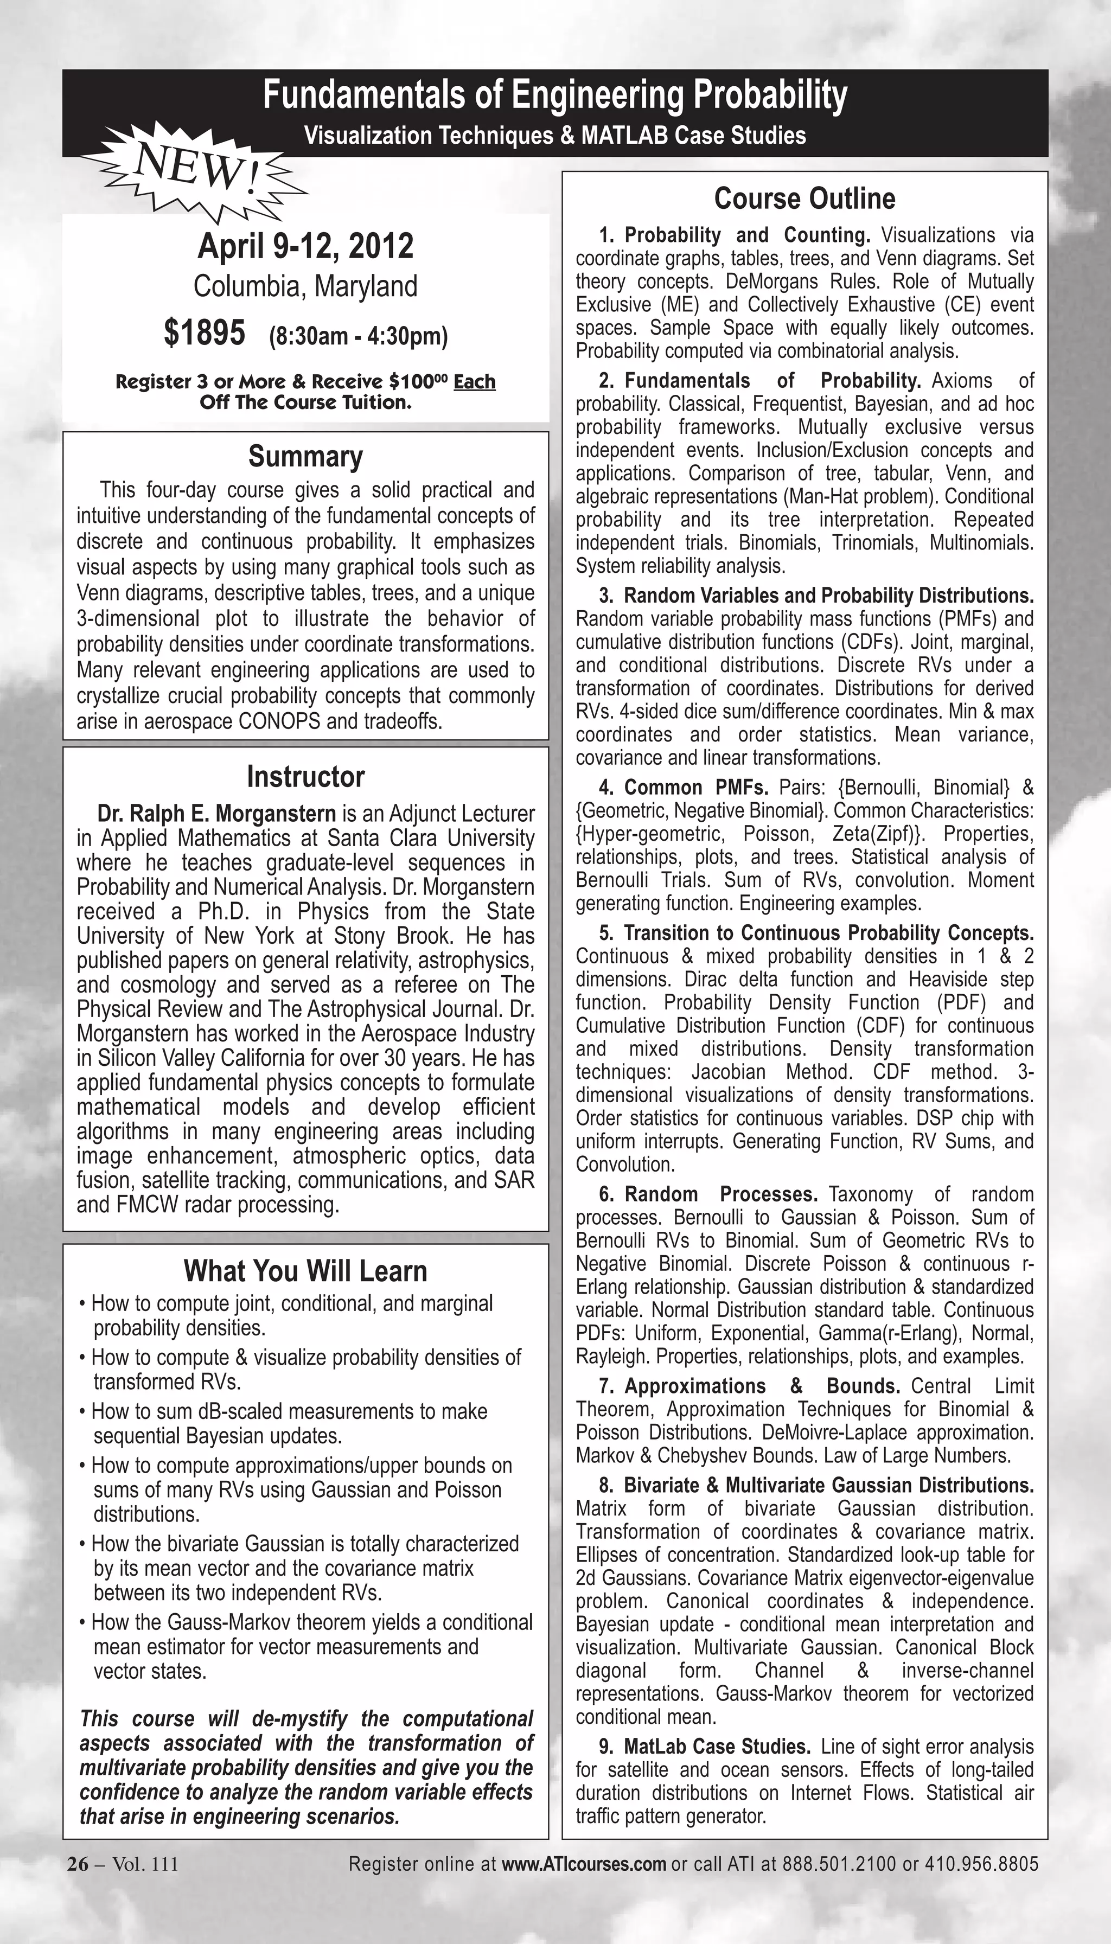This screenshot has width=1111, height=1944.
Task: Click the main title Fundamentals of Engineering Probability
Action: coord(555,95)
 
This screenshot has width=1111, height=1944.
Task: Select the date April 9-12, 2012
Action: coord(305,246)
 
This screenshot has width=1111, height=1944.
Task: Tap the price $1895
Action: coord(205,334)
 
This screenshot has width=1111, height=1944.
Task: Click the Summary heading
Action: coord(305,456)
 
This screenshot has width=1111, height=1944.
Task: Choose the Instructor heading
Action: coord(305,777)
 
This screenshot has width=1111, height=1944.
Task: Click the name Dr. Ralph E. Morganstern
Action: coord(216,813)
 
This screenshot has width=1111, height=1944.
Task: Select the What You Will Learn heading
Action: coord(305,1271)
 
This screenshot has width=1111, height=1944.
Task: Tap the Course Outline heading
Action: coord(804,199)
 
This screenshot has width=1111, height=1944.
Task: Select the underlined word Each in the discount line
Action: coord(474,381)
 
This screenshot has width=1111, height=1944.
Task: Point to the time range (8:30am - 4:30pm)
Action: coord(358,336)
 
